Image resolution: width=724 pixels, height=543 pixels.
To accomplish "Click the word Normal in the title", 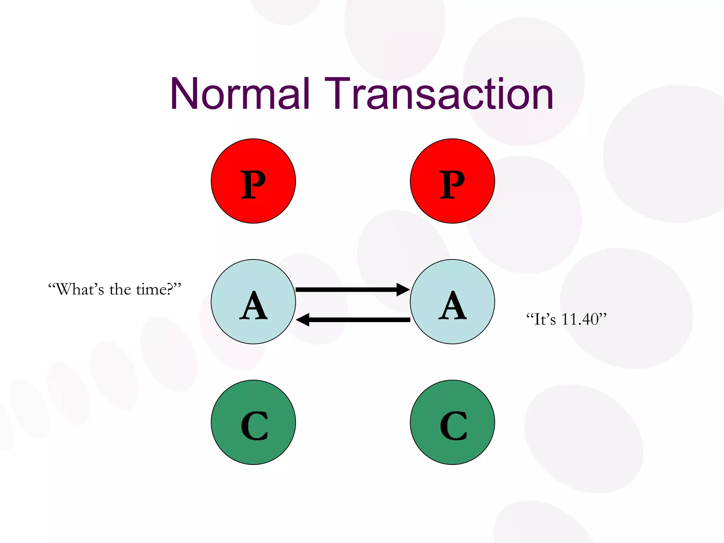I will pyautogui.click(x=240, y=94).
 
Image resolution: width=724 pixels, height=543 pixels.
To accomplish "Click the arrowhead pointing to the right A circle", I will pyautogui.click(x=403, y=290).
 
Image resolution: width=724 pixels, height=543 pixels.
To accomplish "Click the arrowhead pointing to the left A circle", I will pyautogui.click(x=303, y=320).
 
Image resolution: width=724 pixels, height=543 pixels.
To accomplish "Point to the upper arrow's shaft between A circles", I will pyautogui.click(x=346, y=290).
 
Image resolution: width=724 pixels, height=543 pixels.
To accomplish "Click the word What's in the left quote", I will pyautogui.click(x=80, y=290).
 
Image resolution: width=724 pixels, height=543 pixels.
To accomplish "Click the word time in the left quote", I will pyautogui.click(x=152, y=290).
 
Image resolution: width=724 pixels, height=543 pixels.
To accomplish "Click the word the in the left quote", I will pyautogui.click(x=120, y=290).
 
